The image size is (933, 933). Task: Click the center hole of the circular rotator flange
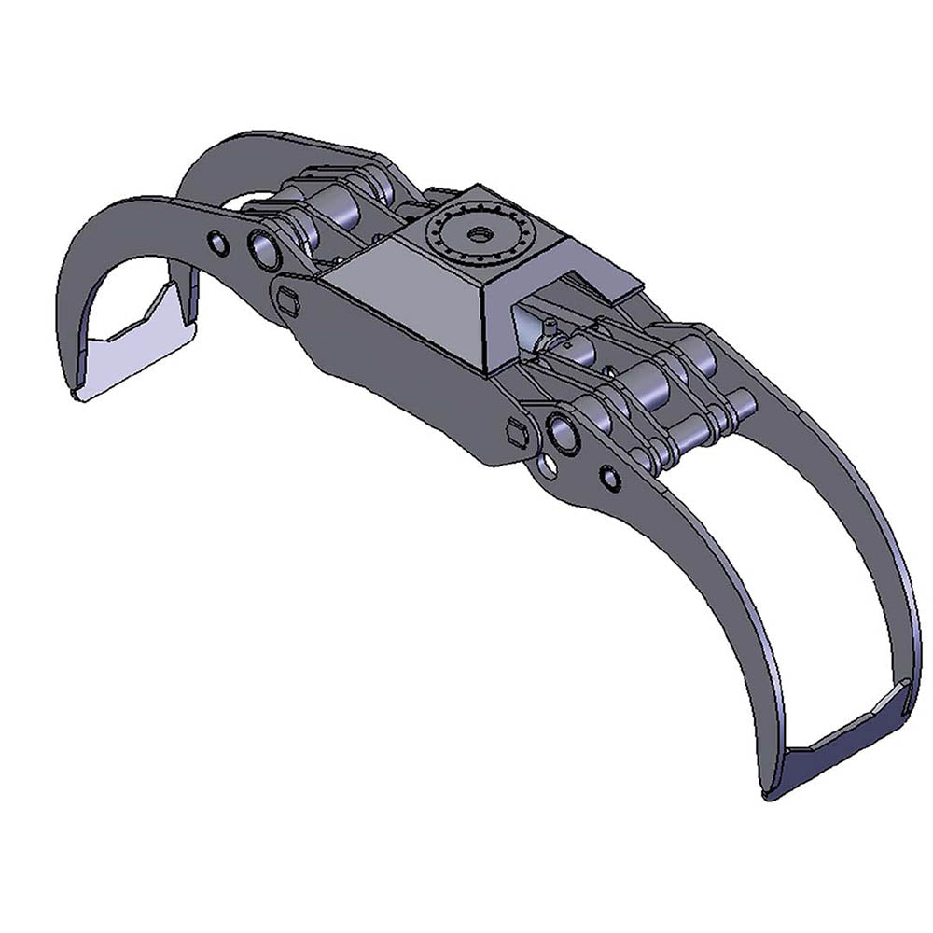[480, 233]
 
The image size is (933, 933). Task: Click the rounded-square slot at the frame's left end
[286, 299]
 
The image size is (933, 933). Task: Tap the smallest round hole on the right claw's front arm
[609, 478]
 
